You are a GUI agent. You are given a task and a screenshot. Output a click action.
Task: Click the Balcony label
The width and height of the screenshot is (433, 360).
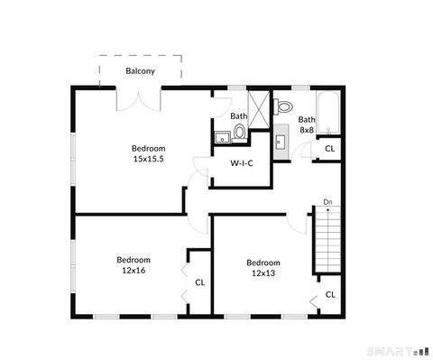[x=140, y=70]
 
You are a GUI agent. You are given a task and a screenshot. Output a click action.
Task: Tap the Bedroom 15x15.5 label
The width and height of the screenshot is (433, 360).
[x=149, y=153]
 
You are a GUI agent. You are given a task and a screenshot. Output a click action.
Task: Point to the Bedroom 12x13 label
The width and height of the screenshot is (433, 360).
[x=263, y=268]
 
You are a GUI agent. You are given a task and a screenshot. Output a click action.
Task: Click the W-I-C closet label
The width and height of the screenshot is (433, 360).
[x=241, y=163]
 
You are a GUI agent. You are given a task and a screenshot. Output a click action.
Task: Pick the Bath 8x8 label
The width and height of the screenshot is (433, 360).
[x=308, y=125]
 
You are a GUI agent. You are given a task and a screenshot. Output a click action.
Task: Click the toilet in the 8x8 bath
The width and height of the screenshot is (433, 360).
[x=283, y=105]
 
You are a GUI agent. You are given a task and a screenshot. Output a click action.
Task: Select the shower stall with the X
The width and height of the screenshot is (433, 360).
[x=259, y=109]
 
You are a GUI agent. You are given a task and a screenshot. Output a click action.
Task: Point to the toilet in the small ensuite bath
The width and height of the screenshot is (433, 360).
[x=240, y=133]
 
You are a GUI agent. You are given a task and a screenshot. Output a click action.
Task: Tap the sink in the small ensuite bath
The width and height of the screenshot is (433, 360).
[x=221, y=137]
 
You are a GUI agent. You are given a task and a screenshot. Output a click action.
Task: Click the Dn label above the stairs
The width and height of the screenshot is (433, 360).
[x=327, y=202]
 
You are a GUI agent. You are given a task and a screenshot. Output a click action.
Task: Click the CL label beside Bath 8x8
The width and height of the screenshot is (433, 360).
[x=330, y=148]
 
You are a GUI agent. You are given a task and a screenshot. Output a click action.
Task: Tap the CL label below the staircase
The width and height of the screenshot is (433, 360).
[x=330, y=294]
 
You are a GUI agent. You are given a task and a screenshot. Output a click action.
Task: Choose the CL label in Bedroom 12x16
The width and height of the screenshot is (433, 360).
[x=199, y=282]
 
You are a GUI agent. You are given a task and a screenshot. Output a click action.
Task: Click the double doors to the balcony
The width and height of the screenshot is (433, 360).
[x=138, y=97]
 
